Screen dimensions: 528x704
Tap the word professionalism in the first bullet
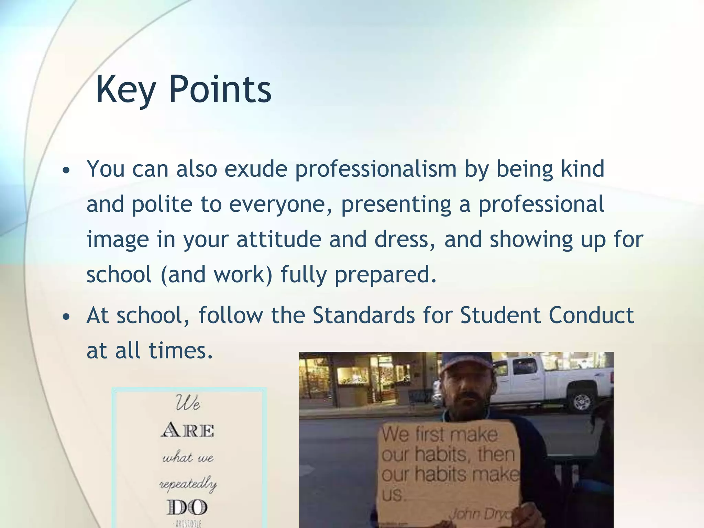376,169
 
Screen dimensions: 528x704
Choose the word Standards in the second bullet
364,315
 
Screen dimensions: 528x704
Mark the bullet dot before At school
67,317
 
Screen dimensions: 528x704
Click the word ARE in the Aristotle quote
188,430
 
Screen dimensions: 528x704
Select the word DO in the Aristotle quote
188,508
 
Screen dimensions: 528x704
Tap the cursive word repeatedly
188,484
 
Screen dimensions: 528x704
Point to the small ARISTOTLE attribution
188,524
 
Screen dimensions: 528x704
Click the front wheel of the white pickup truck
581,401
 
